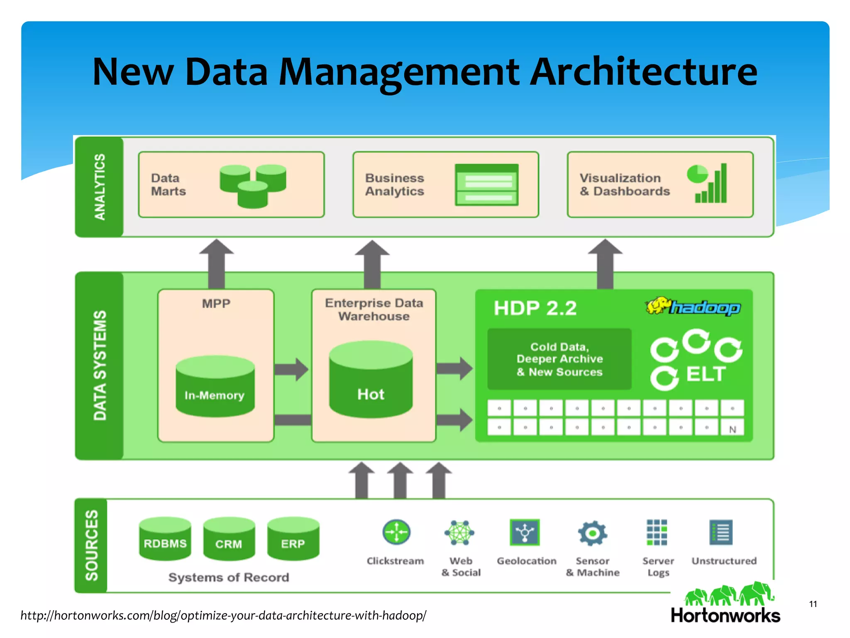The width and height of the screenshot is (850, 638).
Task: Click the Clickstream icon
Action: click(x=396, y=532)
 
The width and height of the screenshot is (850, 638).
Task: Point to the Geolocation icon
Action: click(x=525, y=532)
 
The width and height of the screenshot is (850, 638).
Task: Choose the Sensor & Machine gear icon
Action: click(x=592, y=532)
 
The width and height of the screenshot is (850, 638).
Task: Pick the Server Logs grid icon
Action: click(x=657, y=532)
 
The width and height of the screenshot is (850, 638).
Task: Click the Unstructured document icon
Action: click(x=721, y=532)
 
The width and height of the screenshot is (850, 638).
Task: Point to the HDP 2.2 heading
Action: click(x=535, y=308)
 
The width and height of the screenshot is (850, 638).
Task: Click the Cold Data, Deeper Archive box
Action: click(x=559, y=359)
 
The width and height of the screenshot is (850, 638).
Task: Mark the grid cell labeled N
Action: click(x=733, y=429)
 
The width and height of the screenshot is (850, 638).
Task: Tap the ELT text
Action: click(x=706, y=374)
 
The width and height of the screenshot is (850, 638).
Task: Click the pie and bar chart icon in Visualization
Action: click(x=708, y=183)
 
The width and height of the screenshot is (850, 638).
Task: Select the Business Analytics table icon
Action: click(x=487, y=185)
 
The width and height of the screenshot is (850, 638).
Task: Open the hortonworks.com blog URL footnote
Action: click(x=223, y=615)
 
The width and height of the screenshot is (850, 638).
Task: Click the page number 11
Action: click(x=813, y=604)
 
